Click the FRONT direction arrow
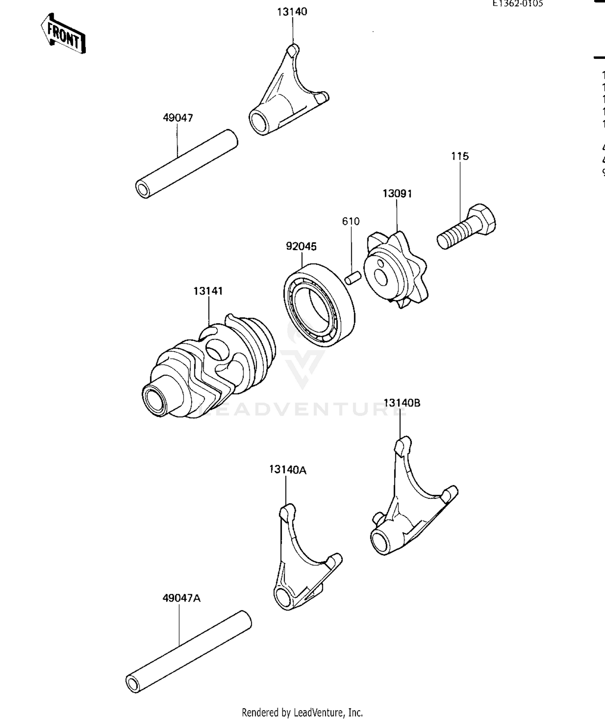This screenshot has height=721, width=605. (63, 35)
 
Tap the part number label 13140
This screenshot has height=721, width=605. (292, 12)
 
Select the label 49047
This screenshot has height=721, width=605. (178, 118)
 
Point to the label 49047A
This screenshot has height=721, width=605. (181, 598)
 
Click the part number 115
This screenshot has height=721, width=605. (460, 156)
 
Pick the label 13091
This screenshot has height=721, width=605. (397, 194)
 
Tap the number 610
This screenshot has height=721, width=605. (350, 221)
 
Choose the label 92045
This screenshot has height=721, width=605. (301, 246)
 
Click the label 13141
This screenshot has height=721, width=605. (208, 291)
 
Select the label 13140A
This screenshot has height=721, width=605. (288, 470)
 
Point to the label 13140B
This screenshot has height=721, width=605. (402, 403)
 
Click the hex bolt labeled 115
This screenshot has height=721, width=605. (467, 227)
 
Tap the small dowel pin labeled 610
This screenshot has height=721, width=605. (352, 278)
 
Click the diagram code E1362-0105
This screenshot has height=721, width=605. (517, 4)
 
